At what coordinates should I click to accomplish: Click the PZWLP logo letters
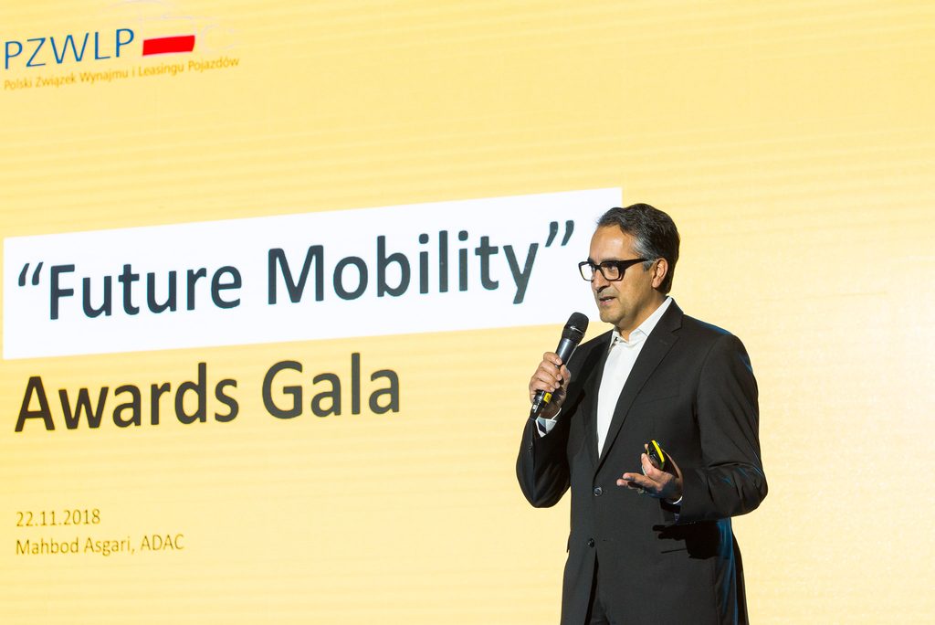[69, 48]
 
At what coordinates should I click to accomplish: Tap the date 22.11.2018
[58, 517]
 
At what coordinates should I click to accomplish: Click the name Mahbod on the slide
[45, 546]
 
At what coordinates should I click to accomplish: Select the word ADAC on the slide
[162, 543]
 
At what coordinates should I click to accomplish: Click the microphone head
[573, 329]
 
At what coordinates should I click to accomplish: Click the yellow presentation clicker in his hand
[657, 453]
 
